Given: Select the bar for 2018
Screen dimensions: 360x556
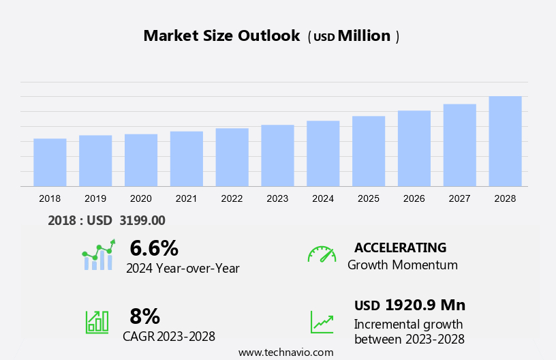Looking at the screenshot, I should pos(50,162).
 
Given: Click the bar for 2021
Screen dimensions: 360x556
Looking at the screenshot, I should pos(186,159).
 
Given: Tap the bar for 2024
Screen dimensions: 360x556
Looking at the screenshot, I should pos(323,153).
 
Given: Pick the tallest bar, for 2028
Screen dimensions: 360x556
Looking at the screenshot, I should pos(505,141).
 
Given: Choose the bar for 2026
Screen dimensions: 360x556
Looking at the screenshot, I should pos(414,148).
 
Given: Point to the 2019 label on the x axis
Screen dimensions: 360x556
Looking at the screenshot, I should pos(95,198).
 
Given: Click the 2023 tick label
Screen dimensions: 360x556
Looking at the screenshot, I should pos(277,198).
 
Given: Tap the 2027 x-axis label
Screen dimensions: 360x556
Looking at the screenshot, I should pos(459,198).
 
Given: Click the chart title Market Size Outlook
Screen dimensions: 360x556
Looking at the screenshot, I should pos(221,36).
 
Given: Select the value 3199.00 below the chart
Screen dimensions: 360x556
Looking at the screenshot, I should pos(142,220).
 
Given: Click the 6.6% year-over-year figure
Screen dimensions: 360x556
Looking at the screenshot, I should pos(154,248).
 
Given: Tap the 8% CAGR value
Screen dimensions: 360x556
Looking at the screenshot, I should pos(144,316).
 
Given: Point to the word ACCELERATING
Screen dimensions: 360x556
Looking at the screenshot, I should pos(400,247).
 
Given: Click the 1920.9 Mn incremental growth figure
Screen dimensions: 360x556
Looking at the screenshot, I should pos(425,305).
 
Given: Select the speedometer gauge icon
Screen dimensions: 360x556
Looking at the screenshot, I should pos(322,254).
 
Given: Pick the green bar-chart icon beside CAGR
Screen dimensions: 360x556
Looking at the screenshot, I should pos(97,321).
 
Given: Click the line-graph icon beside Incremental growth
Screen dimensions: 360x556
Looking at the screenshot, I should pos(322,322).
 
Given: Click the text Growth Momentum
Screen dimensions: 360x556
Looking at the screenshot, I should pos(402,265).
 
